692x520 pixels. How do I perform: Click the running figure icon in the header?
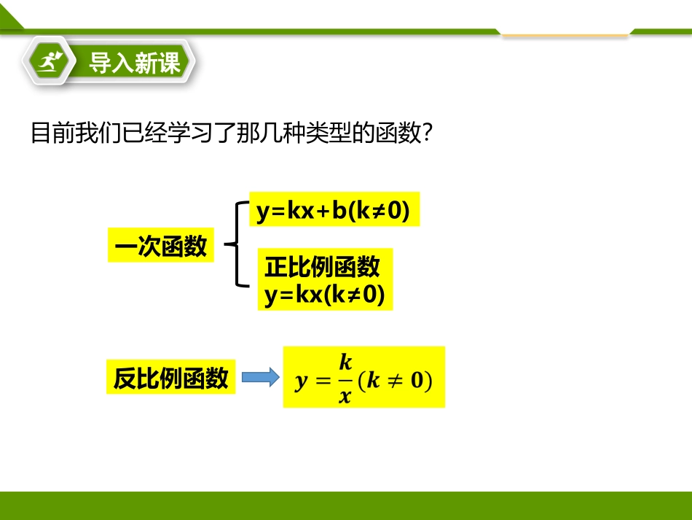50,63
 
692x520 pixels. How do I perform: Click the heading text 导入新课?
135,63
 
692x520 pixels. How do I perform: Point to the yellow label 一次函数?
161,247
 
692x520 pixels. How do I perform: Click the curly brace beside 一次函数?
235,244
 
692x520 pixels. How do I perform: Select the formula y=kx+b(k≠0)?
334,212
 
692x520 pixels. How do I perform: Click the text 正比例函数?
322,267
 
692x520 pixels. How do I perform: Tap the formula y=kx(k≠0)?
324,295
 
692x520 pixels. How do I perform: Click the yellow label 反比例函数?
171,378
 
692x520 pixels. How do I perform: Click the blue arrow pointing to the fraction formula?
260,378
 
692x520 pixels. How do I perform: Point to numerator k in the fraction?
345,362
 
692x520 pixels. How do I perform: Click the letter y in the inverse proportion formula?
301,381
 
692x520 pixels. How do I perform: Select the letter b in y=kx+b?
339,212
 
